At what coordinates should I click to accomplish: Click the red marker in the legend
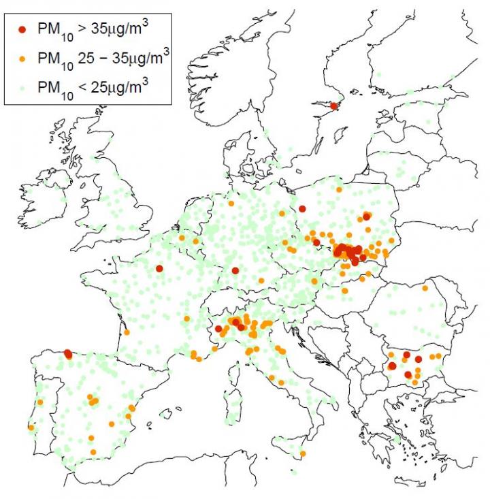(x=22, y=29)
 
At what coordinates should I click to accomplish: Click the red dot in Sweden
(x=333, y=106)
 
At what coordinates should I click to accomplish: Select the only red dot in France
(x=159, y=268)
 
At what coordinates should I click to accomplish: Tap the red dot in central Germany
(x=235, y=271)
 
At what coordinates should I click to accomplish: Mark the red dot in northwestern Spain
(x=68, y=354)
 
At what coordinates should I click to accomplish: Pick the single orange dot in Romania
(x=425, y=288)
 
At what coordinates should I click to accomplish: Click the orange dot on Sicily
(x=303, y=453)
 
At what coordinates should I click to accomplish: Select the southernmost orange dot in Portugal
(x=31, y=428)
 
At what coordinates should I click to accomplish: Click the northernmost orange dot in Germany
(x=231, y=204)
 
